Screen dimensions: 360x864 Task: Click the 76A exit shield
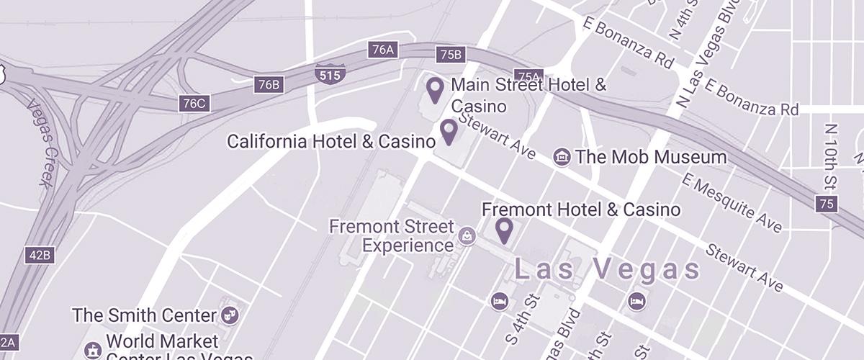tap(381, 50)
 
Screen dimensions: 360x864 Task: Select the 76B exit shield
tap(268, 85)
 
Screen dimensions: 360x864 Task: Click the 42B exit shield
tap(41, 255)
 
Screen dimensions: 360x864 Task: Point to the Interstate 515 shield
tap(330, 73)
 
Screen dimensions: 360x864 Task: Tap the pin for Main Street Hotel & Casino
tap(435, 90)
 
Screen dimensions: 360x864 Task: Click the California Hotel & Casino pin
tap(449, 132)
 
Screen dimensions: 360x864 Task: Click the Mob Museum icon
tap(562, 157)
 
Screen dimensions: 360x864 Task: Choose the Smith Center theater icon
tap(231, 315)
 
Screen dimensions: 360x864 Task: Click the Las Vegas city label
tap(606, 270)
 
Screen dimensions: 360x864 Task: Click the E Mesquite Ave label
tap(733, 203)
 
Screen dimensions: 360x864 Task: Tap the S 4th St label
tap(523, 317)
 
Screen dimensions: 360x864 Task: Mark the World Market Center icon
tap(92, 351)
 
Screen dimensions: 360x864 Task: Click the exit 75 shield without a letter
tap(827, 204)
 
